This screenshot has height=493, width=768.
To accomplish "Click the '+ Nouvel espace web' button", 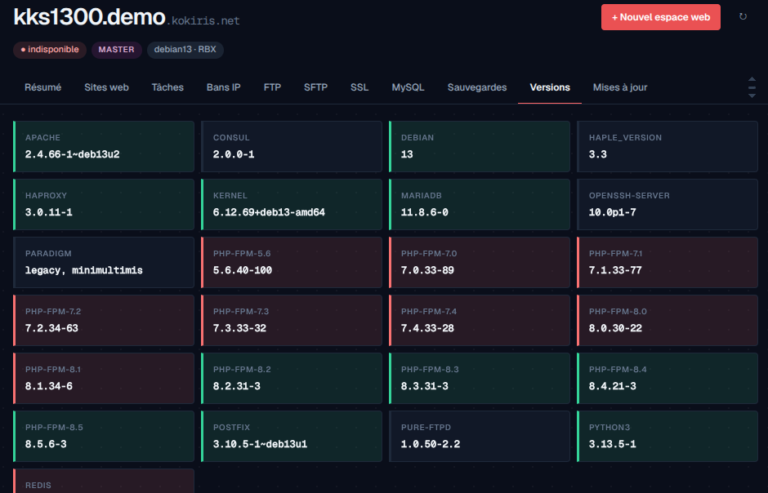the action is coord(661,17).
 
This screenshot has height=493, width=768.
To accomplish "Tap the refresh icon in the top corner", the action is coord(743,16).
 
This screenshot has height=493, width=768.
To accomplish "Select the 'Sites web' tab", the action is coord(106,87).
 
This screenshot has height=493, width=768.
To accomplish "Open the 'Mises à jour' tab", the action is coord(620,87).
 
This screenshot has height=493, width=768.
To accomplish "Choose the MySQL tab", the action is coord(408,87).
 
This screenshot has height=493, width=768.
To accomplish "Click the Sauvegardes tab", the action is coord(477,87).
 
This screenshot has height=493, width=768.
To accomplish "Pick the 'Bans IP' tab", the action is coord(223,87).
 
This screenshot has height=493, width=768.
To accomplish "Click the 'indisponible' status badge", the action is coord(50,50).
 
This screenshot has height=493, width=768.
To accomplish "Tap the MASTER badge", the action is coord(116,50).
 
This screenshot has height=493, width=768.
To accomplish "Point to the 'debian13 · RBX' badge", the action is coord(185,50).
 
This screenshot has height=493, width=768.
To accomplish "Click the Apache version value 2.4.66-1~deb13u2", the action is coord(73,154).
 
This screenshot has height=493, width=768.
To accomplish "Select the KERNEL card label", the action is coord(230,196).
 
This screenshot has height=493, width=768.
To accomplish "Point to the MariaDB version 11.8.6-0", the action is coord(425,212).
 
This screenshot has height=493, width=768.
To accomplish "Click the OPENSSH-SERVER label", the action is coord(629,196).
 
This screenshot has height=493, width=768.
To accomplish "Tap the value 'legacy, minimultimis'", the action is coord(84,270).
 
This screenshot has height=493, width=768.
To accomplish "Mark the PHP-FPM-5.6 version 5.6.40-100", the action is coord(243,270).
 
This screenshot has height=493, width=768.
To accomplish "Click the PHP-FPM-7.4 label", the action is coord(429,312).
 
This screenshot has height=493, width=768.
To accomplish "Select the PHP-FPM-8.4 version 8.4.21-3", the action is coord(612,386).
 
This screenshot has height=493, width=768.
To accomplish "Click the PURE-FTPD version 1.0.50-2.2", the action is coord(431,444).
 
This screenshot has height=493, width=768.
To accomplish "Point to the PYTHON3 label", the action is coord(609,428).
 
